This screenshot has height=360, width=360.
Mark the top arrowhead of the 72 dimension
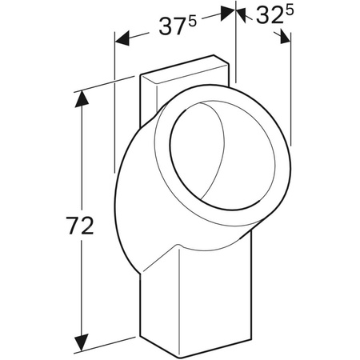tap(79, 98)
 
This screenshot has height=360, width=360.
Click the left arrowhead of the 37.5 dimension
tap(120, 38)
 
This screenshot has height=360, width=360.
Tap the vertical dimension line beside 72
tap(79, 160)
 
